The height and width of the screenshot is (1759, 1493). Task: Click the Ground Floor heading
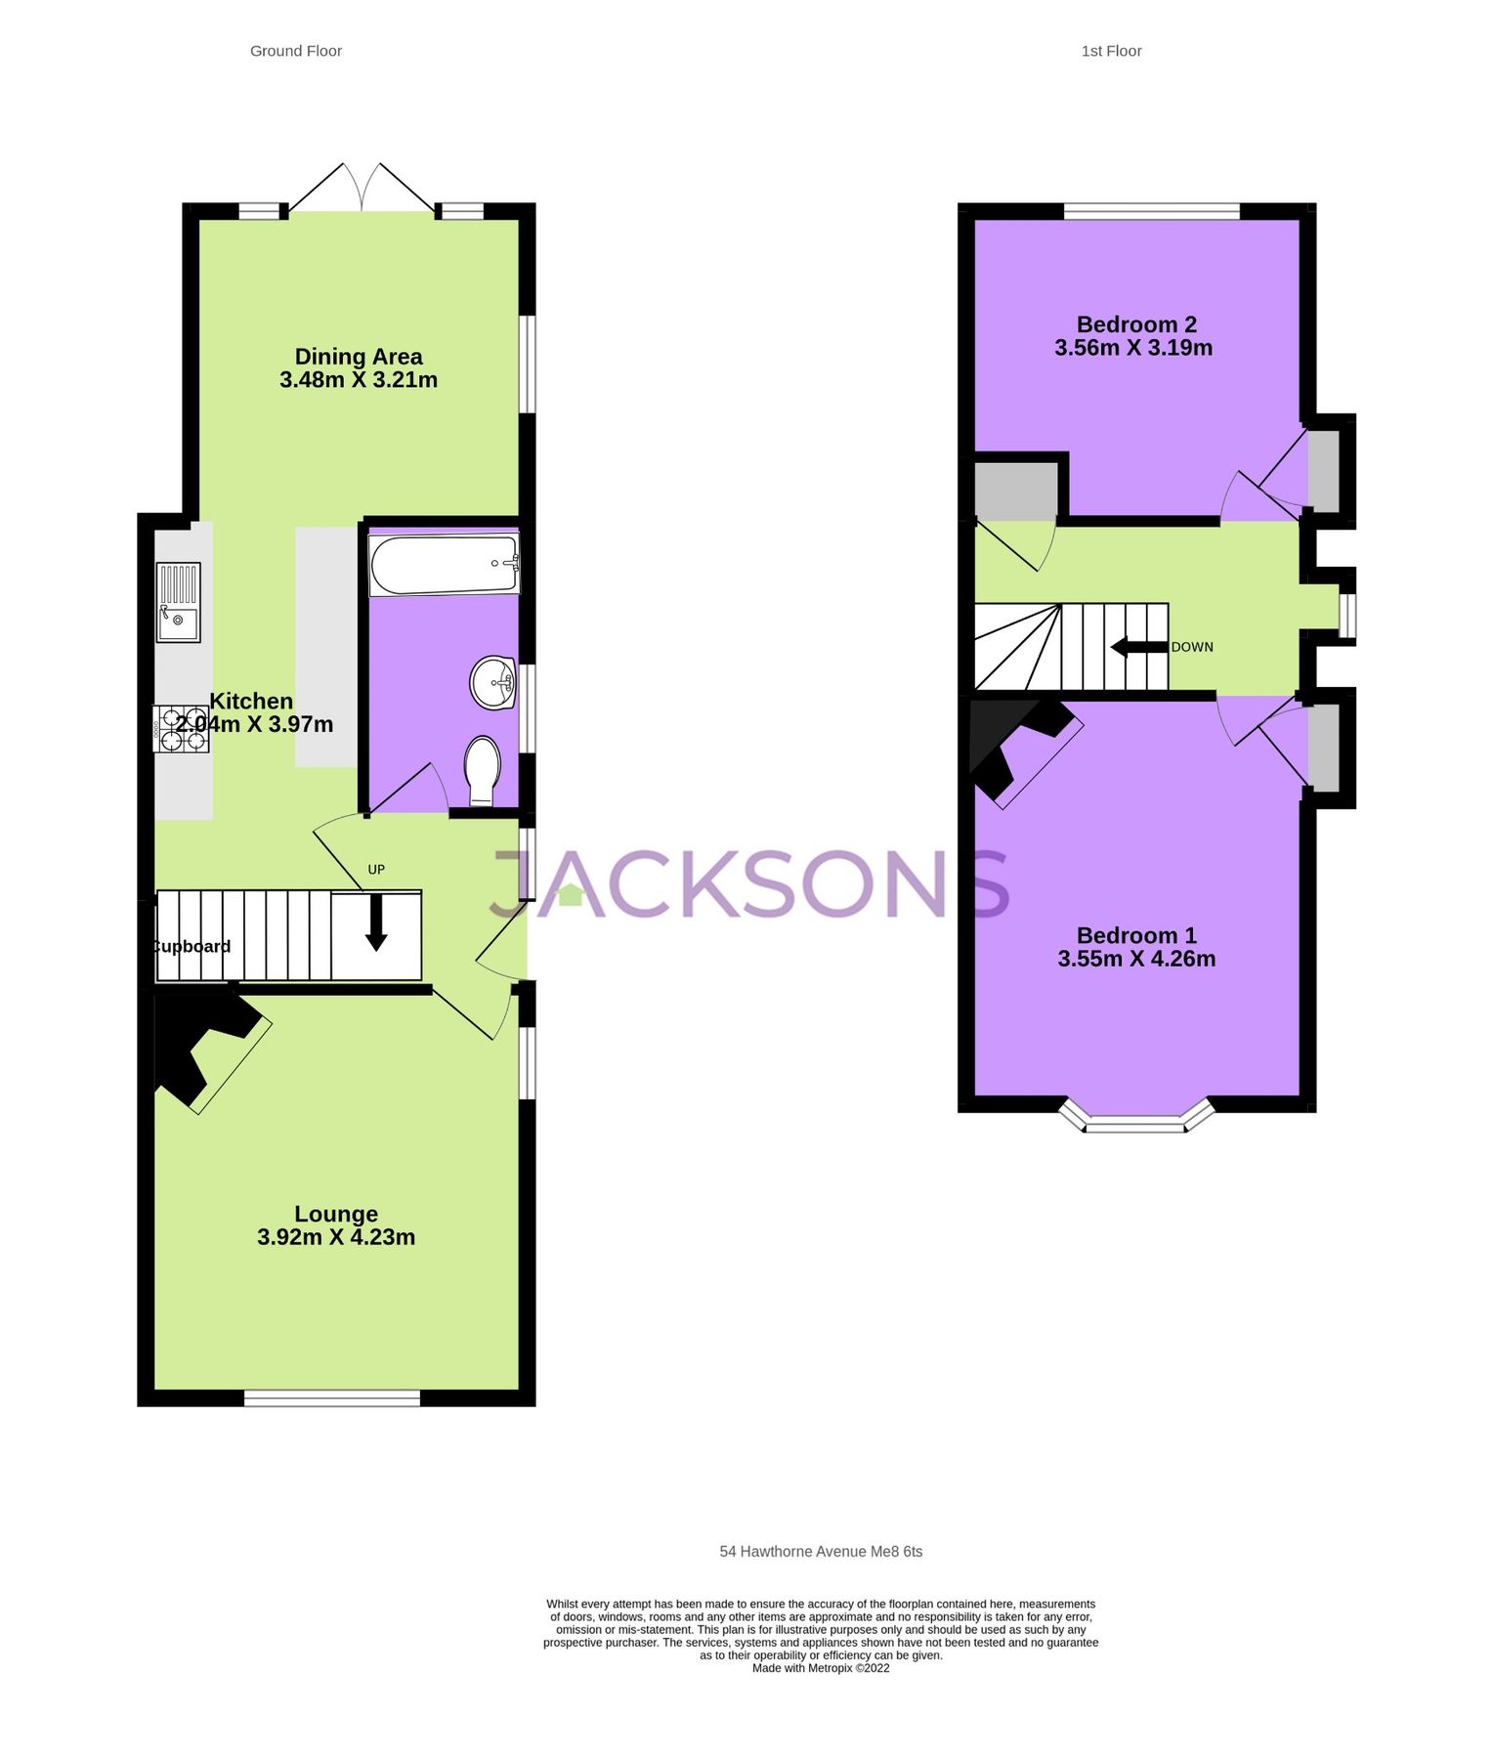[x=295, y=51]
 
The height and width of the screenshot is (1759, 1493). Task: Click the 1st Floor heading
[x=1110, y=51]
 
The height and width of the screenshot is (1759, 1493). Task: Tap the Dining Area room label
[x=359, y=357]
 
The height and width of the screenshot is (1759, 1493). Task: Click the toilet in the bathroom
[x=482, y=768]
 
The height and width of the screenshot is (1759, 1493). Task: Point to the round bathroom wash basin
[x=493, y=681]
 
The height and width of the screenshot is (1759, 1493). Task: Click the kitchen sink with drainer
[x=178, y=602]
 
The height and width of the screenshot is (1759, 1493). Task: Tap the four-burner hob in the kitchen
[x=182, y=729]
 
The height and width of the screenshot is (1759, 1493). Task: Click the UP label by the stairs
[x=376, y=869]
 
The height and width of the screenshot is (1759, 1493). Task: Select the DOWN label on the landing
[x=1192, y=647]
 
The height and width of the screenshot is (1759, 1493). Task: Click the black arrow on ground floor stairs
[x=376, y=925]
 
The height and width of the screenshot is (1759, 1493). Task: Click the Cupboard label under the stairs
[x=192, y=946]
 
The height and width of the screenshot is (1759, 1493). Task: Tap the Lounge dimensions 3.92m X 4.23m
[x=336, y=1237]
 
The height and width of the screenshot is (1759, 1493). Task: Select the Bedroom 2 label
[x=1135, y=324]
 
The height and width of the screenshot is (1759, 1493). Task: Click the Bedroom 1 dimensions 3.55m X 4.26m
[x=1136, y=959]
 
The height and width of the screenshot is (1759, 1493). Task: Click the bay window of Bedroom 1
[x=1136, y=1122]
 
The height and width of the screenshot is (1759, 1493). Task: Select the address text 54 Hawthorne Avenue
[x=820, y=1551]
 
